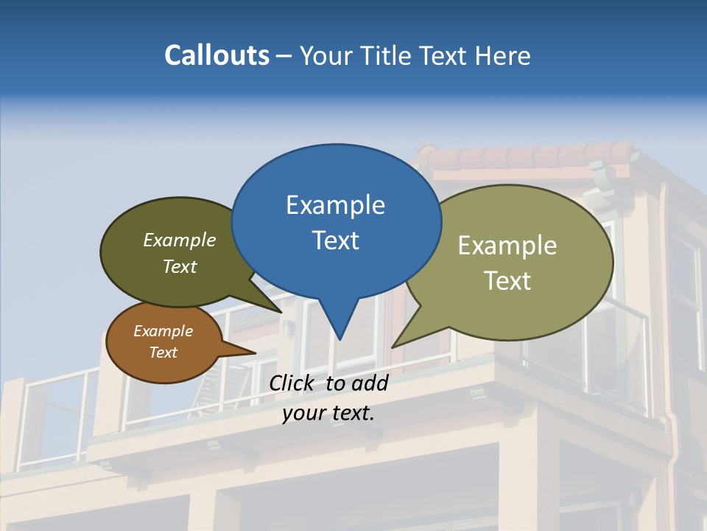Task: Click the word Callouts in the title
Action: [x=217, y=55]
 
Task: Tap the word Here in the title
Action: [x=503, y=55]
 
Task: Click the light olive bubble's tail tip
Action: [x=395, y=345]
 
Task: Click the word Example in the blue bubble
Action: [x=336, y=205]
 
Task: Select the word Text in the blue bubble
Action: [x=336, y=240]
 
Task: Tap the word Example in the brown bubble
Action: [x=163, y=331]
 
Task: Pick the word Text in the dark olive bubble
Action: [x=180, y=266]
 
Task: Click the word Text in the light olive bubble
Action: [x=507, y=281]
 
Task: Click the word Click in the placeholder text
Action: [x=292, y=382]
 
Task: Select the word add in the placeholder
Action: [x=370, y=382]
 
